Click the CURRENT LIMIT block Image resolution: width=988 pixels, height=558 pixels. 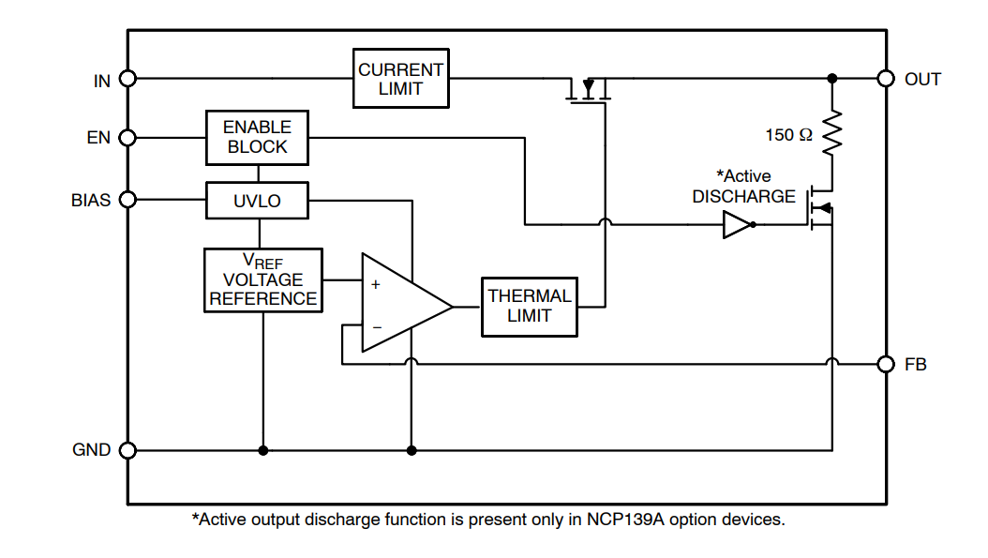point(401,80)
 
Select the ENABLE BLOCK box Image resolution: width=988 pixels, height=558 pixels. point(258,137)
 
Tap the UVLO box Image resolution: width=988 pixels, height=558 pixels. point(257,201)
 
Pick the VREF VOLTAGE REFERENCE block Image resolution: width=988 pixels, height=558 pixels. point(262,280)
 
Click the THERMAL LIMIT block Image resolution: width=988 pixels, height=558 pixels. point(529,306)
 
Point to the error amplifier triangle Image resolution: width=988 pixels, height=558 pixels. point(401,304)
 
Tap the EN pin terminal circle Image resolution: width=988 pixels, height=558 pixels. point(128,138)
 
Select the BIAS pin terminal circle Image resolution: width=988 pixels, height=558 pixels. point(128,200)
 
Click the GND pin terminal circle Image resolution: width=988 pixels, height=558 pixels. point(128,450)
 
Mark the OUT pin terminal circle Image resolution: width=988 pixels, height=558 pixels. point(885,79)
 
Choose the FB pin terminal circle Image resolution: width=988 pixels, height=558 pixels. point(885,364)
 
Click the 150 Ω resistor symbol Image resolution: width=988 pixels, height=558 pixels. point(832,133)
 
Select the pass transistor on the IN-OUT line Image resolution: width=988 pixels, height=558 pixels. point(589,90)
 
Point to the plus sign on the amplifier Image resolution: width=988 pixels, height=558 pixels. point(376,284)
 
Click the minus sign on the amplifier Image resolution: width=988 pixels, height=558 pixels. point(376,327)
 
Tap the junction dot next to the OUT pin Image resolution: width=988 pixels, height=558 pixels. point(832,79)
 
